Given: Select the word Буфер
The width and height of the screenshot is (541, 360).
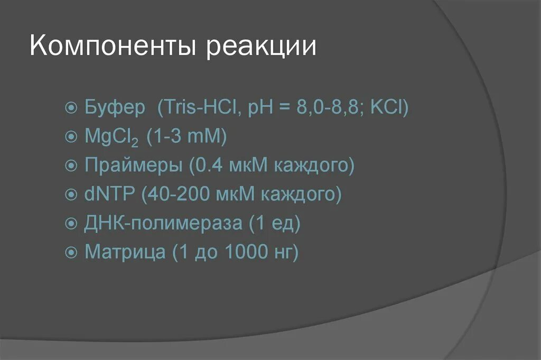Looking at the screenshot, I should click(x=115, y=108).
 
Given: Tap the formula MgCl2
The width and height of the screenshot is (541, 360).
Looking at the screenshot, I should click(x=111, y=138).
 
